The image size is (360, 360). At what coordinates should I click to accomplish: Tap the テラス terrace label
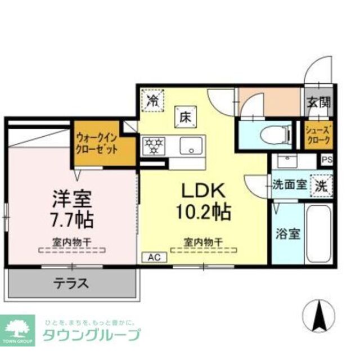coord(71,283)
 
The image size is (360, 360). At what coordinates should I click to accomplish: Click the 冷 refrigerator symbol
coord(152,101)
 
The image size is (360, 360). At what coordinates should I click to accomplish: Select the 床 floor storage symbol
coord(186,117)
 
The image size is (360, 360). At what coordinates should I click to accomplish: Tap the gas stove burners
coord(152,146)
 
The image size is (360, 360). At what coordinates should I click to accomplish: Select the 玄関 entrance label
coord(318,102)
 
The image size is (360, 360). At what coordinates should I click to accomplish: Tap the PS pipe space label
coord(327,160)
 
